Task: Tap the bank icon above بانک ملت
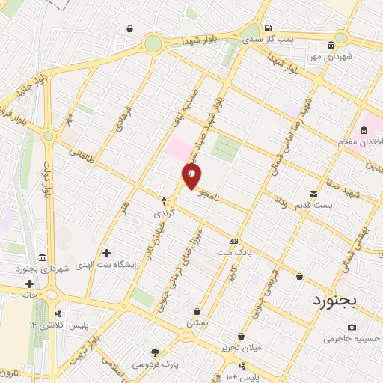234,241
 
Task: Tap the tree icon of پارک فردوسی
156,352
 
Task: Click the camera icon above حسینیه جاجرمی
352,327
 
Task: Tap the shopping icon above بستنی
197,312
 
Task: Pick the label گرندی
163,212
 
